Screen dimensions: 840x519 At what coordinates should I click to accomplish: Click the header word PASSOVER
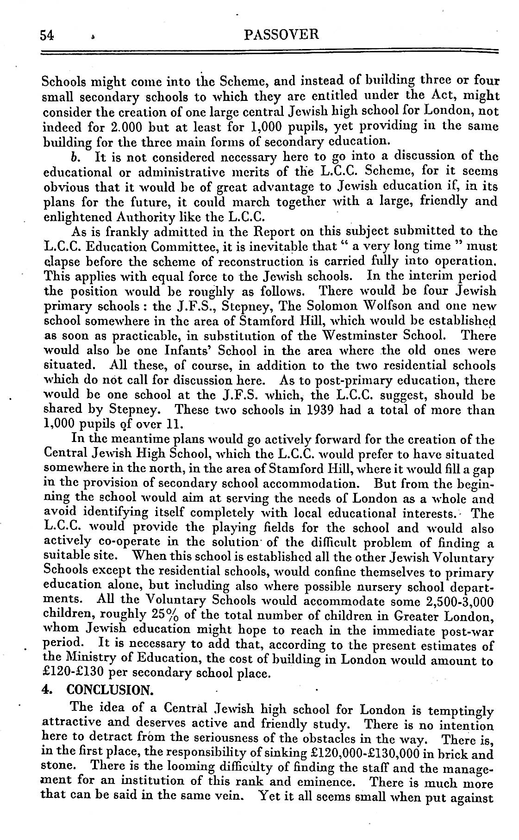(x=281, y=35)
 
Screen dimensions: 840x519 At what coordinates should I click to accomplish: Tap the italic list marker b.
(x=74, y=156)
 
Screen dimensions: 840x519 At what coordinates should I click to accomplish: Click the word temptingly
(x=461, y=710)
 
